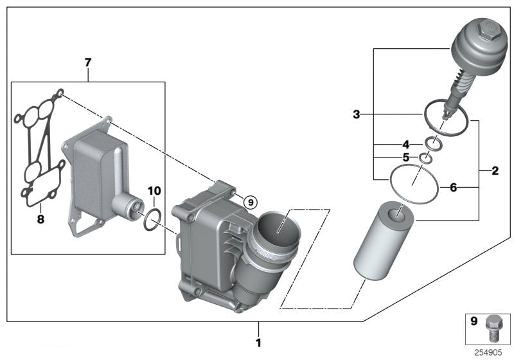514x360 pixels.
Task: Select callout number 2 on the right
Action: pyautogui.click(x=495, y=171)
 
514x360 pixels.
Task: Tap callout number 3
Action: pyautogui.click(x=356, y=115)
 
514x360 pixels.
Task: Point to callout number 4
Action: pyautogui.click(x=405, y=144)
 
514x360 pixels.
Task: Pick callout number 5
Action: pyautogui.click(x=405, y=158)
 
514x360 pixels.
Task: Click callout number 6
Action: pyautogui.click(x=453, y=188)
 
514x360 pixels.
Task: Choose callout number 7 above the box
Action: pyautogui.click(x=88, y=62)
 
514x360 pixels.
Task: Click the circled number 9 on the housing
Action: pyautogui.click(x=251, y=202)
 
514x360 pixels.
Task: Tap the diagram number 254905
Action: pyautogui.click(x=490, y=352)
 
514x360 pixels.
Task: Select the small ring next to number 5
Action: pyautogui.click(x=425, y=158)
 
